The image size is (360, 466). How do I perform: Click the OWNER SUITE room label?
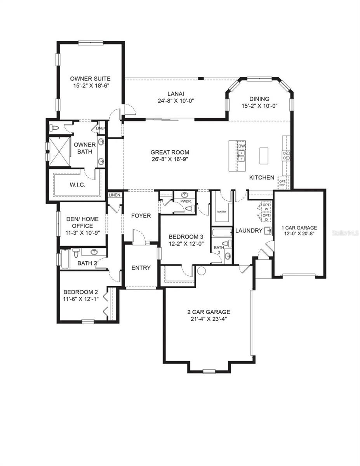[x=90, y=79]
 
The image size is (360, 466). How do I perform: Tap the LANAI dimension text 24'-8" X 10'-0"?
[x=176, y=101]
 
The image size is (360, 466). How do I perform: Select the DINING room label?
[x=259, y=99]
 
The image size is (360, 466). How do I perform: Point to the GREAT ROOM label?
[x=170, y=153]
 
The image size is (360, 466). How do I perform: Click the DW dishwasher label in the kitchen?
[x=242, y=146]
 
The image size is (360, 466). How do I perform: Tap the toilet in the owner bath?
[x=54, y=129]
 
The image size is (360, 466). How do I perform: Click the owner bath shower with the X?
[x=59, y=152]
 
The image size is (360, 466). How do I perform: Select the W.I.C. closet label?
[x=77, y=185]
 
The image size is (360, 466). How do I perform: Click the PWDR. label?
[x=186, y=202]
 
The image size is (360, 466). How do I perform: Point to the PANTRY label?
[x=221, y=212]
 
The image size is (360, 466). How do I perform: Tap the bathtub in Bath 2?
[x=65, y=259]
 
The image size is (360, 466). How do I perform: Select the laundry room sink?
[x=268, y=231]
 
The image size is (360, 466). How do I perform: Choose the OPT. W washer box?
[x=266, y=207]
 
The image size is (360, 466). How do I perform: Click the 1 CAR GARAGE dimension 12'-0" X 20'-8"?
[x=299, y=233]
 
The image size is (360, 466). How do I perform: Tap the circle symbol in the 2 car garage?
[x=201, y=271]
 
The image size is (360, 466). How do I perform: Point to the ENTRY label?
[x=141, y=268]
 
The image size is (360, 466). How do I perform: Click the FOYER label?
[x=141, y=216]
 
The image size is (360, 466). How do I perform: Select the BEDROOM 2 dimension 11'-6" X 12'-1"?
[x=81, y=299]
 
